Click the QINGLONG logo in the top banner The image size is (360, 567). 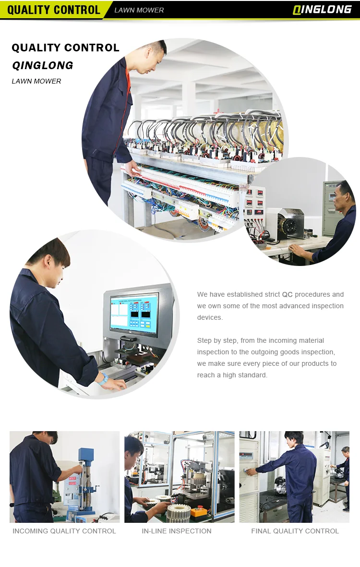322,10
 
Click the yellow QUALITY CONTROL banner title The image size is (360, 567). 53,10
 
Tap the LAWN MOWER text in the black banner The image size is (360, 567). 139,10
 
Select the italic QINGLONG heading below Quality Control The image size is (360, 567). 43,65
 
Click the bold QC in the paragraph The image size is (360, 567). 287,294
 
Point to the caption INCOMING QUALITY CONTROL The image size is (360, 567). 64,531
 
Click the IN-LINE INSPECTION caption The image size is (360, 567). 176,531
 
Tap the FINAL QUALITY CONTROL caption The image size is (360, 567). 295,531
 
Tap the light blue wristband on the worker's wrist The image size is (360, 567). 103,378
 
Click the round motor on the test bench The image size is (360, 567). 289,226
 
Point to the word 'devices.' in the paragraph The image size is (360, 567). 210,317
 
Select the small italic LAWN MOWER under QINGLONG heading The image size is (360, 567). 36,81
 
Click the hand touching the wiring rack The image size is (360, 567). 132,166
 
